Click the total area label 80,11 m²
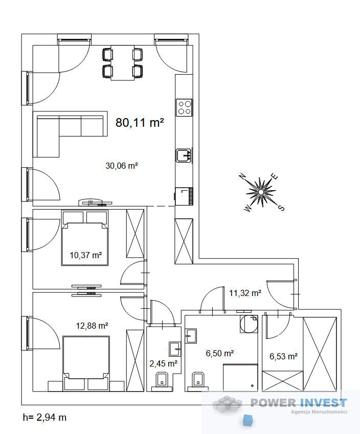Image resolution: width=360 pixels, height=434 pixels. click(x=140, y=122)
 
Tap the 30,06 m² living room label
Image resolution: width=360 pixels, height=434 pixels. click(x=122, y=166)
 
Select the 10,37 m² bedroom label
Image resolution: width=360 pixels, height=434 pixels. click(x=85, y=255)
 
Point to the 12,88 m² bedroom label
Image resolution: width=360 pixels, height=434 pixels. click(x=92, y=326)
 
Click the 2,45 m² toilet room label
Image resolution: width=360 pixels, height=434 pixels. click(x=164, y=363)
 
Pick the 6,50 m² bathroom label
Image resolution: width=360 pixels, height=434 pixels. click(x=219, y=353)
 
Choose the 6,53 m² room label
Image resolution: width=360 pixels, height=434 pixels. click(x=284, y=356)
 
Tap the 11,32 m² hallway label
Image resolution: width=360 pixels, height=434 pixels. click(x=245, y=293)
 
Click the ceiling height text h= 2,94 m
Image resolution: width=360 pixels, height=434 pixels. click(x=44, y=418)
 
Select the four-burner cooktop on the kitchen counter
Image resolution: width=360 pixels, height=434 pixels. click(x=185, y=108)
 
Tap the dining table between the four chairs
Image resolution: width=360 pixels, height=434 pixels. click(x=122, y=63)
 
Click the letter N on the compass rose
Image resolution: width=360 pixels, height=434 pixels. click(x=242, y=176)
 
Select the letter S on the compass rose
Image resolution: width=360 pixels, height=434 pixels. click(x=281, y=208)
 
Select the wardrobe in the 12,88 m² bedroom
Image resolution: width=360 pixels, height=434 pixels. click(x=135, y=360)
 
